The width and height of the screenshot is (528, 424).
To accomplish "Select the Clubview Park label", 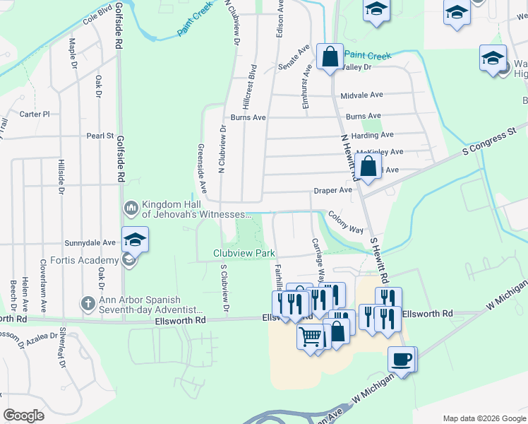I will (244, 253).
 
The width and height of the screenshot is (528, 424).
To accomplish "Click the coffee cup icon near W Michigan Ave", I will (402, 360).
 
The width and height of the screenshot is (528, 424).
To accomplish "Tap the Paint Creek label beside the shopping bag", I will (368, 55).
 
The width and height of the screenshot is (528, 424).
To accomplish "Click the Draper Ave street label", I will (332, 191).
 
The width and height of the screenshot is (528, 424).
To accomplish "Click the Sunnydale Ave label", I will (90, 242).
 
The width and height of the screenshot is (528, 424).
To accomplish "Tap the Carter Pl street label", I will (35, 114).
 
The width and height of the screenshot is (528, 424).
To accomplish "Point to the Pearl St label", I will (100, 136).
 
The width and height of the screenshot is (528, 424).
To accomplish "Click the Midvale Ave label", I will (361, 95).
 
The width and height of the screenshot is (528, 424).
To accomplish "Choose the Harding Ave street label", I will (372, 135).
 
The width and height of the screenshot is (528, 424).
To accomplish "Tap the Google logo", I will (24, 416).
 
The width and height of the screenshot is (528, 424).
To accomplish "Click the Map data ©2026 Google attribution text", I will (484, 418).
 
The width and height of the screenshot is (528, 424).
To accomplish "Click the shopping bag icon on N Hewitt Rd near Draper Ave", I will (368, 168).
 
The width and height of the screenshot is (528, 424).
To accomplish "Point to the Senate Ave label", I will (294, 57).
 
